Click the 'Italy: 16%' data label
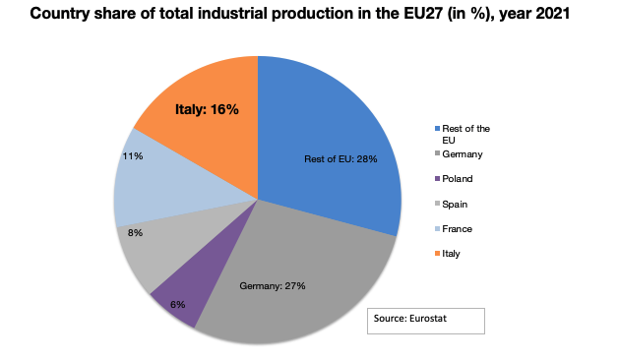[x=207, y=109]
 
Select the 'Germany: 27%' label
[x=273, y=286]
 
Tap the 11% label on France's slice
[x=132, y=155]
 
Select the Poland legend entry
[x=459, y=179]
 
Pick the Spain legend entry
[x=457, y=204]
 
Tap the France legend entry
[x=459, y=228]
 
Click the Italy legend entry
[x=454, y=253]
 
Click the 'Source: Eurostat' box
[x=427, y=322]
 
